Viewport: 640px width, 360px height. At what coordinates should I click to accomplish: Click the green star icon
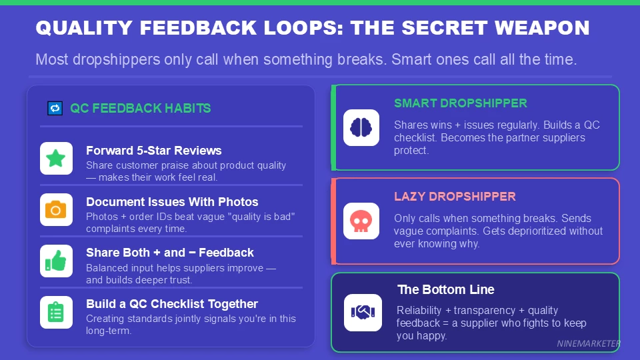tap(56, 159)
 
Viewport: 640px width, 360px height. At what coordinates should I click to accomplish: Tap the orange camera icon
tap(56, 210)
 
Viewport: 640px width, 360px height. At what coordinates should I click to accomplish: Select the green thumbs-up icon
tap(56, 261)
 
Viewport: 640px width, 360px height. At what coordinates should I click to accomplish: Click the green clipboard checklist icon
tap(56, 312)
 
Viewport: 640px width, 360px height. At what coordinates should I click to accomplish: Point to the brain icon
tap(361, 127)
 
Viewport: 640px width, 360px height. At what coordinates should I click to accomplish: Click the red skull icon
tap(361, 221)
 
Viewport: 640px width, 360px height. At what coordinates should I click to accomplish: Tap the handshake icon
tap(363, 312)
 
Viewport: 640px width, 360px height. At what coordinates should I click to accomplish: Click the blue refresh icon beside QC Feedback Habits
tap(55, 108)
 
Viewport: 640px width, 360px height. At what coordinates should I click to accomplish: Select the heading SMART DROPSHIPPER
tap(460, 103)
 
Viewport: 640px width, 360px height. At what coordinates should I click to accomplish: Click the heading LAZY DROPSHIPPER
tap(455, 197)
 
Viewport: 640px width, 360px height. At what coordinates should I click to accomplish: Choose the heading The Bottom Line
tap(445, 289)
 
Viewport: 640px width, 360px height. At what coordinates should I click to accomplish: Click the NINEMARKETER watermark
tap(589, 344)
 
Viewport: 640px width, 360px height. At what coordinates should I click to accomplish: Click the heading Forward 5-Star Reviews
tap(153, 151)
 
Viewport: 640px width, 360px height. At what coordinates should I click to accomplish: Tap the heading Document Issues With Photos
tap(172, 201)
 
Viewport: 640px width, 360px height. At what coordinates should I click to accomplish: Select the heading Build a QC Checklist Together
tap(172, 304)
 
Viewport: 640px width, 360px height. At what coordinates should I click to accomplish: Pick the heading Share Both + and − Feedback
tap(169, 253)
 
